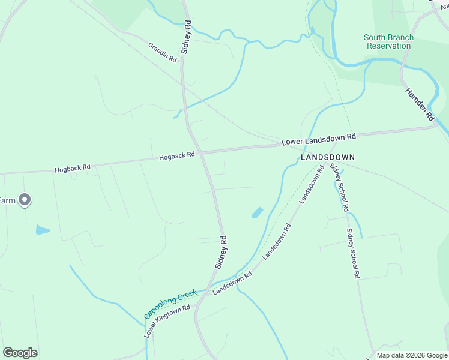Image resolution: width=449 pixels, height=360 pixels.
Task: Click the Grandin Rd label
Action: pos(163,52)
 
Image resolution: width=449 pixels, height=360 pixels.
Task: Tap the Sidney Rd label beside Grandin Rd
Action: pos(187,37)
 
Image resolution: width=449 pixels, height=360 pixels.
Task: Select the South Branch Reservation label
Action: pos(388,41)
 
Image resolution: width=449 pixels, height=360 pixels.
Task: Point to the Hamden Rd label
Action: pos(420,104)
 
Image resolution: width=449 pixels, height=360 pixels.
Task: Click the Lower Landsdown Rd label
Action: pos(319,139)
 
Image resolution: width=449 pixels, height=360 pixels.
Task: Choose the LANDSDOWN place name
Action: pos(328,157)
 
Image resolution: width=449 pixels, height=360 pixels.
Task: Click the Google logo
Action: pos(20,353)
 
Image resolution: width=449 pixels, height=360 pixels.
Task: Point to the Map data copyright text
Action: pos(411,355)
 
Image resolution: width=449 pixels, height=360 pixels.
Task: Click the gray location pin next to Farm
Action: pos(25,199)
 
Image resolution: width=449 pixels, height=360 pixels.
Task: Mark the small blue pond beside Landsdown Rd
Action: pos(257,212)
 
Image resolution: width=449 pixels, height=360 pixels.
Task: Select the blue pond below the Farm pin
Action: pos(43,229)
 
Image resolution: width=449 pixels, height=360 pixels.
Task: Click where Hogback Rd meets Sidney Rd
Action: pos(202,154)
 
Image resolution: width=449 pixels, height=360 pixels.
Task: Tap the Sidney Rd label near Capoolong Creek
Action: pos(221,251)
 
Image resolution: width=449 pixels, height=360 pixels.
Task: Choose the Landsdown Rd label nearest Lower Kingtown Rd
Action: pos(232,284)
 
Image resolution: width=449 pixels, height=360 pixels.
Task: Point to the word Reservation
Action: pos(388,46)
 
